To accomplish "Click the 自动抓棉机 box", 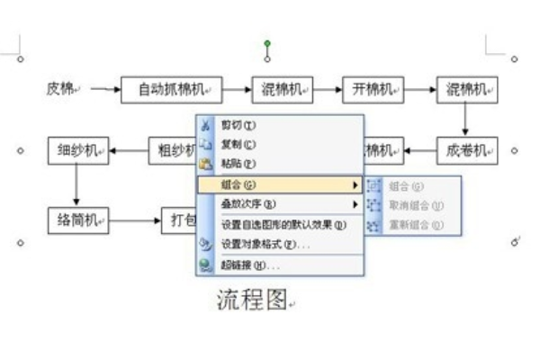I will (171, 89).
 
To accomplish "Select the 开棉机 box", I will (373, 89).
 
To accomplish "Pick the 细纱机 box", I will (77, 149).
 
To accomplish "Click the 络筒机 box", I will (77, 219).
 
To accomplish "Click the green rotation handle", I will (267, 43).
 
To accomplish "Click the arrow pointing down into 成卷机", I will (466, 119).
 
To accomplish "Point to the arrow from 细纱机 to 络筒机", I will (76, 184).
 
